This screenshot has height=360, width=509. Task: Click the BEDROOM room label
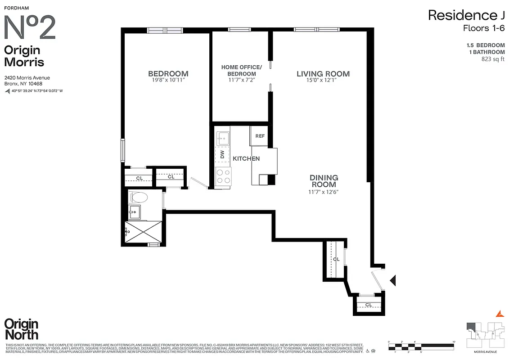click(168, 74)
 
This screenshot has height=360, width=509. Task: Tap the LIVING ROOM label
click(323, 74)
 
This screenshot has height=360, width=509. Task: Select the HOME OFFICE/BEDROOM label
click(238, 71)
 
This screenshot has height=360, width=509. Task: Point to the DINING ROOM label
click(324, 181)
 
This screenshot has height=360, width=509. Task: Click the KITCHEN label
click(246, 158)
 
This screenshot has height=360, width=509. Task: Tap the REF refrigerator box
click(260, 136)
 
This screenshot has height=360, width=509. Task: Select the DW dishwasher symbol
click(222, 155)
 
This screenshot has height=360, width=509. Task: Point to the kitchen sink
click(222, 137)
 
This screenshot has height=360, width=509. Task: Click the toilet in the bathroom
click(139, 197)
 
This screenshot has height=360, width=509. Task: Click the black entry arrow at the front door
click(392, 281)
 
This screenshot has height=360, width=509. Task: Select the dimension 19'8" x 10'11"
click(168, 80)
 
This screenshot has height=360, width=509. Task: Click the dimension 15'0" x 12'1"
click(323, 80)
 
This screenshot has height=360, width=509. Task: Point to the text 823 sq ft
click(493, 58)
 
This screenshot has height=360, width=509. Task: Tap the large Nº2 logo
click(30, 27)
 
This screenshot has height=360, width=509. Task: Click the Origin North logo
click(21, 329)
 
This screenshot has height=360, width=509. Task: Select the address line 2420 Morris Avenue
click(27, 78)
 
